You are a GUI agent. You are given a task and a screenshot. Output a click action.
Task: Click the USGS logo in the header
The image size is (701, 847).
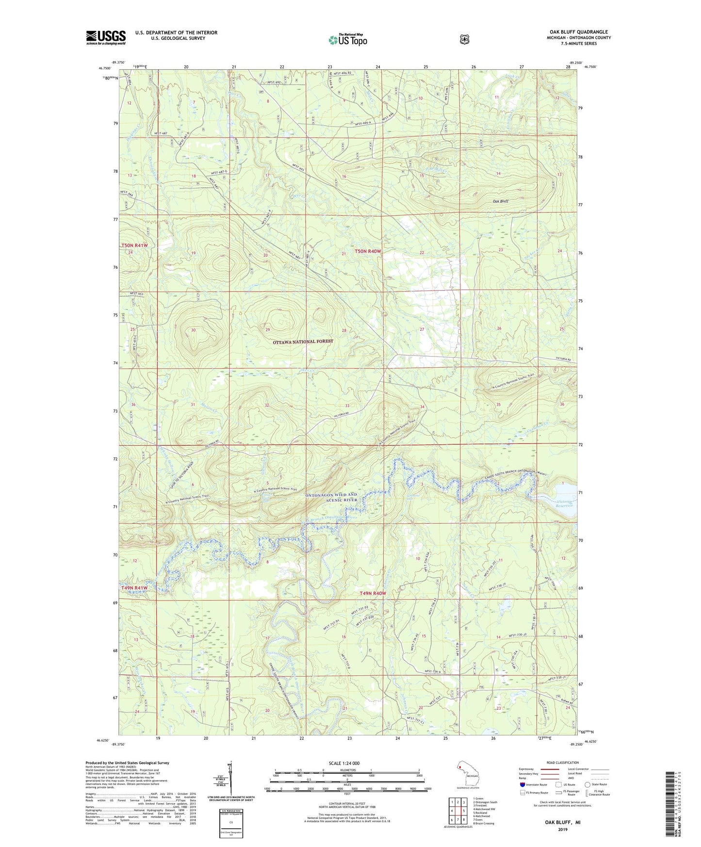(106, 37)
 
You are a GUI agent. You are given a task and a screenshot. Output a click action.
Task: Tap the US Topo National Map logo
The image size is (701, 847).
(347, 40)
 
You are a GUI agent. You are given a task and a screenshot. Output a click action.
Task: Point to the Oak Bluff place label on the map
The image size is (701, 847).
(500, 201)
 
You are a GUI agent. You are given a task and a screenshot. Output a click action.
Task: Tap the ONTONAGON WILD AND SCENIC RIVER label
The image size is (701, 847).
(331, 497)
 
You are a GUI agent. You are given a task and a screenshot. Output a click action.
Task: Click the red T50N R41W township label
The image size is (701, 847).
(134, 245)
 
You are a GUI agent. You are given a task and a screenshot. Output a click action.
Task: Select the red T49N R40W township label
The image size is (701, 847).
(373, 593)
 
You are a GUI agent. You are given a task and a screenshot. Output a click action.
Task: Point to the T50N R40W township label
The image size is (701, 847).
(368, 251)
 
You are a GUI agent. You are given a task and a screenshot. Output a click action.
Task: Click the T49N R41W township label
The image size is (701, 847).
(134, 587)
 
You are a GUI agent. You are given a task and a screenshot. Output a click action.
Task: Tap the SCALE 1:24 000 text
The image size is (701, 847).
(344, 763)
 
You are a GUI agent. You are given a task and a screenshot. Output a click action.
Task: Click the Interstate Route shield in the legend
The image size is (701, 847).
(522, 784)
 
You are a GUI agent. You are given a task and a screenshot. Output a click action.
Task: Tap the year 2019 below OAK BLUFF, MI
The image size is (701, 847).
(562, 829)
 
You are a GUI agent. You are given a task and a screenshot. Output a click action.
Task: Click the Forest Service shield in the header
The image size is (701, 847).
(465, 39)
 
